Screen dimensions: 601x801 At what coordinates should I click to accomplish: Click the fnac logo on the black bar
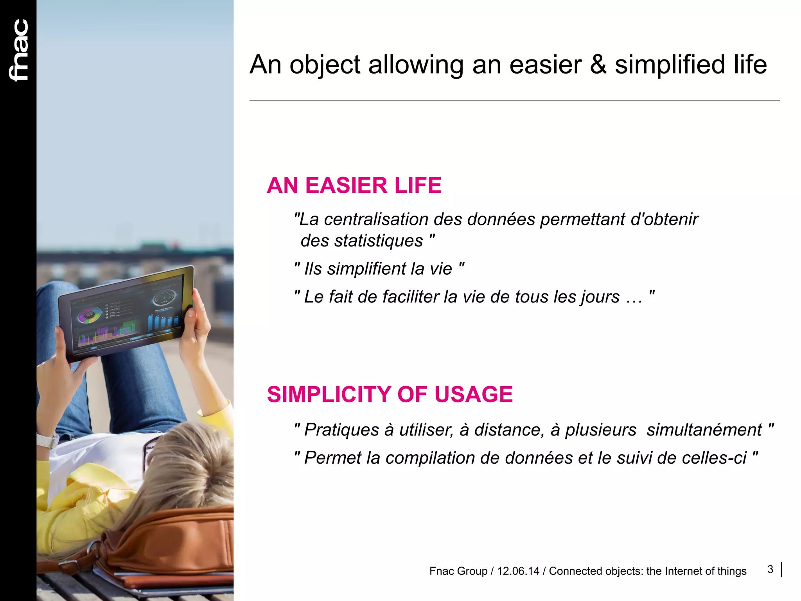[19, 50]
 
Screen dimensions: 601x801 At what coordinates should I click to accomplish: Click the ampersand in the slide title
[598, 65]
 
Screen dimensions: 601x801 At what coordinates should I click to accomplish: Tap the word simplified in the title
[670, 65]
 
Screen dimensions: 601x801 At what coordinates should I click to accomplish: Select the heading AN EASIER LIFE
[354, 185]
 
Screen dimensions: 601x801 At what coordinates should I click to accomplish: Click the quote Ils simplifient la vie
[379, 269]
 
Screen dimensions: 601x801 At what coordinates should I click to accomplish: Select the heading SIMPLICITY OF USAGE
[390, 394]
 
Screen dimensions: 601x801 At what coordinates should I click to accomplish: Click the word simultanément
[704, 430]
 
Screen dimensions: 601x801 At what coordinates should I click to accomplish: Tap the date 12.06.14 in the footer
[518, 571]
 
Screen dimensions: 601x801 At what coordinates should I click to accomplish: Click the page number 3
[770, 569]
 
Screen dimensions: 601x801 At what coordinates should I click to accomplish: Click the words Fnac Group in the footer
[458, 571]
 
